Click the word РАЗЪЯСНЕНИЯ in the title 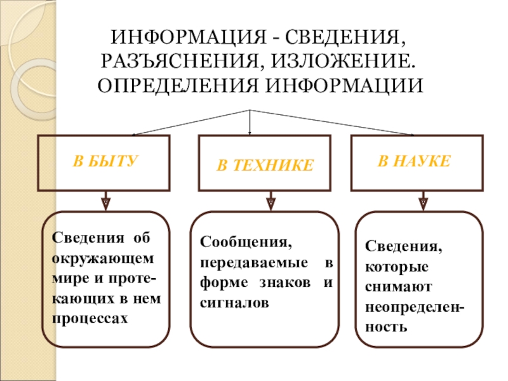tap(180, 61)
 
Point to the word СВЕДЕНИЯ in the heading tap(345, 37)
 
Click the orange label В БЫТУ tap(105, 161)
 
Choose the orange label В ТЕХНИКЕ tap(265, 165)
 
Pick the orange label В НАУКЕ tap(414, 161)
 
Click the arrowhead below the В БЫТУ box tap(105, 204)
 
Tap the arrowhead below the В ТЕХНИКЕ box tap(271, 204)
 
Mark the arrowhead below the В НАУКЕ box tap(423, 204)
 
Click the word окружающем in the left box tap(103, 259)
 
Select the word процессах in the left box tap(90, 319)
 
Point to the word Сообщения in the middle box tap(246, 242)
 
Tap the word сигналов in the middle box tap(234, 304)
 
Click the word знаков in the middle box tap(284, 283)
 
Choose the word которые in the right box tap(397, 267)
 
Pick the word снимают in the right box tap(399, 287)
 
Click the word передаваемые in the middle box tap(253, 263)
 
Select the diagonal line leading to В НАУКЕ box tap(331, 123)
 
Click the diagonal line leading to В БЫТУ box tap(191, 123)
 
